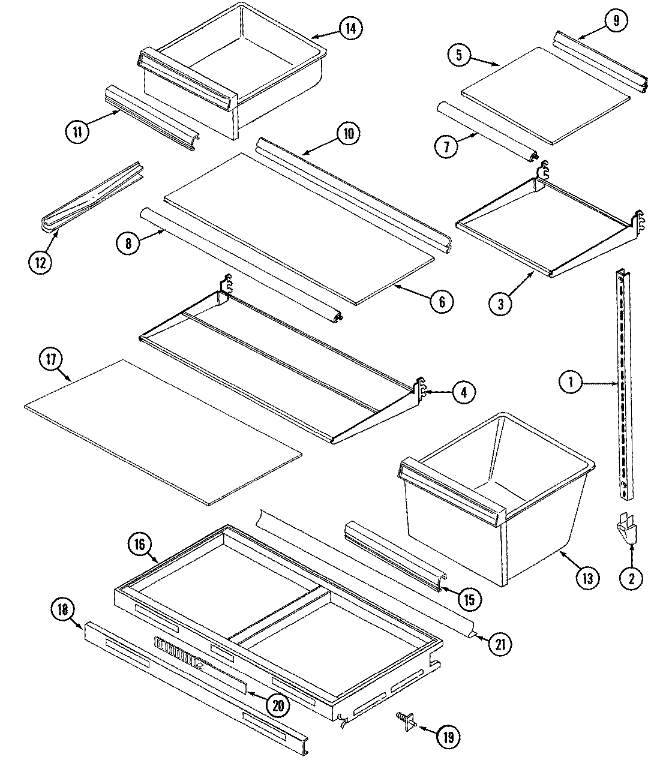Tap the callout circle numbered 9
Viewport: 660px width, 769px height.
(x=616, y=21)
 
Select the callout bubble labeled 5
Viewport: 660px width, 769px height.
(x=459, y=56)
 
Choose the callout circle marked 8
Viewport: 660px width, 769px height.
(x=128, y=242)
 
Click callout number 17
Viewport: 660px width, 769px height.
(x=51, y=360)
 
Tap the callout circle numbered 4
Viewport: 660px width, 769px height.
(x=463, y=392)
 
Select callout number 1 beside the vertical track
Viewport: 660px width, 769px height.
(x=571, y=382)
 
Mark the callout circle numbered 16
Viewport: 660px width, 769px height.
(x=139, y=545)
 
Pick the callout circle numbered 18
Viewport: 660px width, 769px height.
(x=63, y=610)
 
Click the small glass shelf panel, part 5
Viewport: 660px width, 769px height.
(x=546, y=96)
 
